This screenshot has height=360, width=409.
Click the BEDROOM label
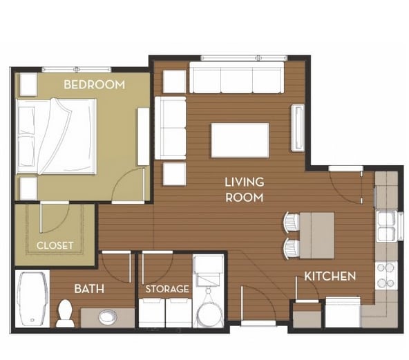pyautogui.click(x=94, y=85)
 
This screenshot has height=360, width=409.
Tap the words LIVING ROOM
pyautogui.click(x=244, y=190)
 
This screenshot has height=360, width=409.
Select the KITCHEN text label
pyautogui.click(x=330, y=276)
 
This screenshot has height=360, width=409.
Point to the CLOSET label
pyautogui.click(x=55, y=245)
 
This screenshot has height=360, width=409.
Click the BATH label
pyautogui.click(x=89, y=288)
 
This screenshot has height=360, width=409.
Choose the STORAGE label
pyautogui.click(x=167, y=289)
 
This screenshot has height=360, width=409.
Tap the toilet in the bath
pyautogui.click(x=65, y=312)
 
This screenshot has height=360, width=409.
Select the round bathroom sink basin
pyautogui.click(x=107, y=317)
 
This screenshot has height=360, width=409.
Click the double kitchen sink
pyautogui.click(x=386, y=226)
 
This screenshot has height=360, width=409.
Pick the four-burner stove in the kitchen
pyautogui.click(x=386, y=275)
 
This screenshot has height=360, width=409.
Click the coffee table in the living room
pyautogui.click(x=240, y=140)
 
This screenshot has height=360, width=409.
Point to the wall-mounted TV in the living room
pyautogui.click(x=298, y=127)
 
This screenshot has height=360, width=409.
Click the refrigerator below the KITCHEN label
pyautogui.click(x=341, y=312)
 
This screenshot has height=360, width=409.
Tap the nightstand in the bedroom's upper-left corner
pyautogui.click(x=28, y=84)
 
